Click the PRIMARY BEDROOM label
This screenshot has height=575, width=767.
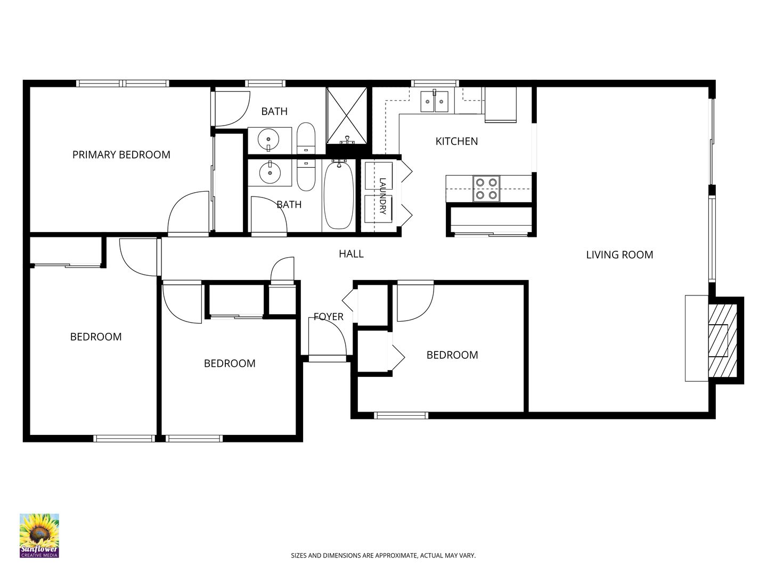coord(121,154)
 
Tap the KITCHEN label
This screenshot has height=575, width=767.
coord(456,142)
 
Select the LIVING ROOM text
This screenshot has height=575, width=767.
coord(619,255)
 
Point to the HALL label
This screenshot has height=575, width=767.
coord(351,254)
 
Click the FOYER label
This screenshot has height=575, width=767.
coord(329,317)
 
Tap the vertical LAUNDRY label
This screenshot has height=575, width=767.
coord(382,196)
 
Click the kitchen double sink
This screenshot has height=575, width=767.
coord(434,101)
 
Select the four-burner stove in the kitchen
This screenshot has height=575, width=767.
coord(486,188)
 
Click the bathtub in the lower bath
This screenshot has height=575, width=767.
coord(339,195)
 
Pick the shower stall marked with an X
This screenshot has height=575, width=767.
coord(346,115)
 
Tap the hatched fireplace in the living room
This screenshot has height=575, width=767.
coord(723,340)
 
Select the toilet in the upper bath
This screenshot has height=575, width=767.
coord(306,138)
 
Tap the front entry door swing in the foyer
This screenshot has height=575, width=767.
coord(328,336)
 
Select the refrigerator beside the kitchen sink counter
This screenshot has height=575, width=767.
coord(500,105)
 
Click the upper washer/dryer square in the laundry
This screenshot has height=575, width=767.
coord(379,176)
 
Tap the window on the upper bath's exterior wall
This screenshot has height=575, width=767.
coord(265,84)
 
